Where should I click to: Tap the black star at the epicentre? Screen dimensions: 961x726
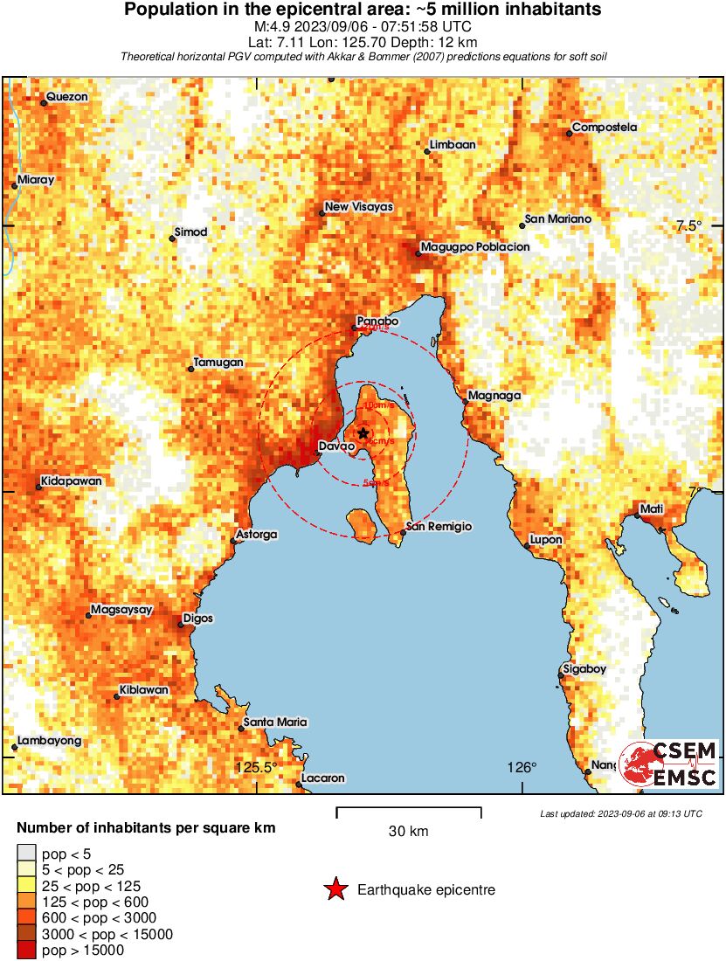coord(363,432)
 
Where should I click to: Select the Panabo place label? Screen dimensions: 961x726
coord(377,321)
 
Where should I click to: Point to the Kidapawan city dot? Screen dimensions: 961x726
coord(39,487)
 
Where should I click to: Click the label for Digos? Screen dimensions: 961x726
coord(197,619)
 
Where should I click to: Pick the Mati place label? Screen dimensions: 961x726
coord(652,508)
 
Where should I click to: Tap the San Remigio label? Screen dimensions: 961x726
coord(440,527)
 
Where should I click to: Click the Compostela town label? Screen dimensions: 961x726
coord(605,128)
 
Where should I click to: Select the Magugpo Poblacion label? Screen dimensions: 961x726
coord(475,247)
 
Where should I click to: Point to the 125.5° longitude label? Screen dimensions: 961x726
coord(256,768)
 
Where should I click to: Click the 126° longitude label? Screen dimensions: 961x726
coord(522,768)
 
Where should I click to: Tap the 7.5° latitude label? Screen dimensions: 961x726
coord(688,226)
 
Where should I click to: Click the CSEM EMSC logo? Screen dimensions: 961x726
coord(668,763)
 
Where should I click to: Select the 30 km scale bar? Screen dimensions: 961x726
coord(409,812)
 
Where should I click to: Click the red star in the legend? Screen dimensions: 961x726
coord(335,890)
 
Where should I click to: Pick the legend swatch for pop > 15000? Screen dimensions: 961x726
coord(27,950)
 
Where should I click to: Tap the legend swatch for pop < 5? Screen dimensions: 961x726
coord(27,853)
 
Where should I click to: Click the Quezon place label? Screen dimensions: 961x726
coord(67,97)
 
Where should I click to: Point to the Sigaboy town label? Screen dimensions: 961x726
coord(584,669)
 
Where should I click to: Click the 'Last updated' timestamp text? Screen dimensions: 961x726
coord(621,814)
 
